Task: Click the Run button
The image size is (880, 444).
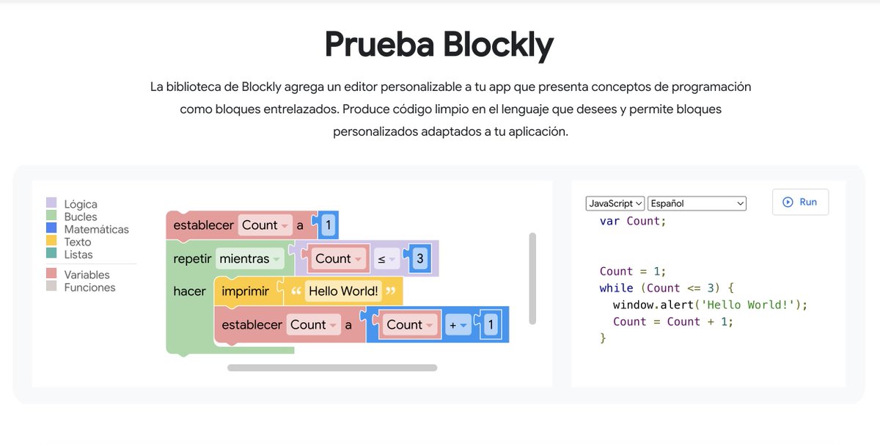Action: (800, 202)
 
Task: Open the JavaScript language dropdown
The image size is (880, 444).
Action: (615, 203)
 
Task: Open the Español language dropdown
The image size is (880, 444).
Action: (697, 203)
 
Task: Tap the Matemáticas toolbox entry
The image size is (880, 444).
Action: (87, 229)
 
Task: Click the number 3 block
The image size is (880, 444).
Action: (420, 258)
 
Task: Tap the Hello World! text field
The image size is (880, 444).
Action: (343, 291)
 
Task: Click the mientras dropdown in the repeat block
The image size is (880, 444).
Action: (249, 258)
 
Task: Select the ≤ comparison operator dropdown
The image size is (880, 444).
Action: (386, 259)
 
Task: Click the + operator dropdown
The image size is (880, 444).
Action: (458, 325)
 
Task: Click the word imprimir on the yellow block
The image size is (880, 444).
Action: (245, 291)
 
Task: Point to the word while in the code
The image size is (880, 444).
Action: (616, 288)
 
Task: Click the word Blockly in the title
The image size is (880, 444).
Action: (498, 46)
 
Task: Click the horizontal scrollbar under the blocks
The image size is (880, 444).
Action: (332, 368)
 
